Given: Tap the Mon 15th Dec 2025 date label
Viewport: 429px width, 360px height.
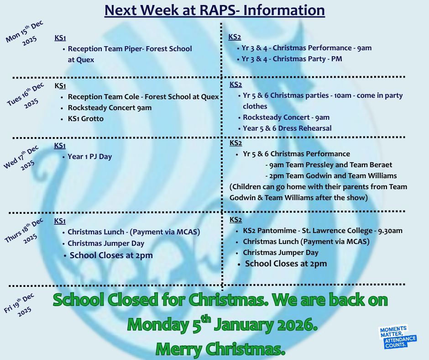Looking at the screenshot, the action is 24,33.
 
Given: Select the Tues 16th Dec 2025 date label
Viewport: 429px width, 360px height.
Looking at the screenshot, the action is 25,95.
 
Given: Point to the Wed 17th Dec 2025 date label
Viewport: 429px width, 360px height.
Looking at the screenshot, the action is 21,158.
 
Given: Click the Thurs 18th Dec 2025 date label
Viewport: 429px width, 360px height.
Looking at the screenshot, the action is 24,231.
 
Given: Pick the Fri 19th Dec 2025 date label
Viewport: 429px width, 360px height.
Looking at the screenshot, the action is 19,305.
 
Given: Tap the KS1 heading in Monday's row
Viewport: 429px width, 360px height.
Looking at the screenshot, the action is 60,38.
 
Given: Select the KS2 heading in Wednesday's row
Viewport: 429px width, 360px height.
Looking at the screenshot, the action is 235,143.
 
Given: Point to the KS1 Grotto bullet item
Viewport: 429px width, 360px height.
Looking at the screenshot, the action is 86,119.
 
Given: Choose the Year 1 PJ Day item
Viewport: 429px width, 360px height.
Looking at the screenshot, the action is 90,157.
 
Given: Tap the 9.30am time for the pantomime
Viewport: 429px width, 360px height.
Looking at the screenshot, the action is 390,231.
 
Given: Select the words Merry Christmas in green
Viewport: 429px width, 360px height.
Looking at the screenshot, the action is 220,349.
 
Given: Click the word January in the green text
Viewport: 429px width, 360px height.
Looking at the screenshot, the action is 244,325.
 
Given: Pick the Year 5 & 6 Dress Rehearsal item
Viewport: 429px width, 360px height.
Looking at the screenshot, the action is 287,128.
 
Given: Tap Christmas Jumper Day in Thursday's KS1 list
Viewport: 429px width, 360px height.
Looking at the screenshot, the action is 106,244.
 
